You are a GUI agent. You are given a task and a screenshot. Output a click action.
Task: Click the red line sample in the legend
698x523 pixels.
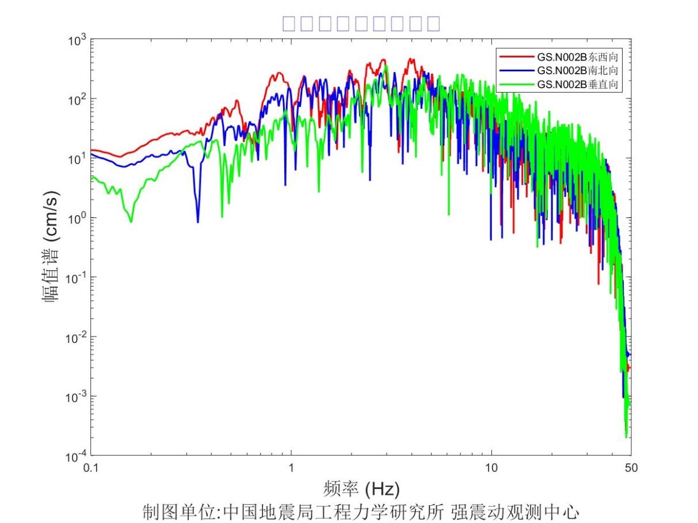(517, 56)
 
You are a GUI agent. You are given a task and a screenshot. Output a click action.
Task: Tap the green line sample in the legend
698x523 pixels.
(517, 84)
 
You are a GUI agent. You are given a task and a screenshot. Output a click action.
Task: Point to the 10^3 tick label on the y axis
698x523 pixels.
(76, 40)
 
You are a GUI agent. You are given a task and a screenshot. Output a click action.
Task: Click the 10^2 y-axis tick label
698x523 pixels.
(76, 100)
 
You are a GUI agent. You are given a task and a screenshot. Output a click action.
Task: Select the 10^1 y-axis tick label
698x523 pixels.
(76, 159)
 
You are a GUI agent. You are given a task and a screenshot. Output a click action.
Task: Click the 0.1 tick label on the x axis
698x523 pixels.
(91, 468)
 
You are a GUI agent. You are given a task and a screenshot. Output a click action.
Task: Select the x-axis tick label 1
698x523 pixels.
(291, 468)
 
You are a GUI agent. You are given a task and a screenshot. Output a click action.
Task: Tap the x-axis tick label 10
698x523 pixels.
(491, 468)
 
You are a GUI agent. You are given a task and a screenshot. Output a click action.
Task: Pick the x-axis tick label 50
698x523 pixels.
(631, 468)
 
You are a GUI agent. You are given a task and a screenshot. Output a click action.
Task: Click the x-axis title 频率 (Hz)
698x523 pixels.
(362, 489)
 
